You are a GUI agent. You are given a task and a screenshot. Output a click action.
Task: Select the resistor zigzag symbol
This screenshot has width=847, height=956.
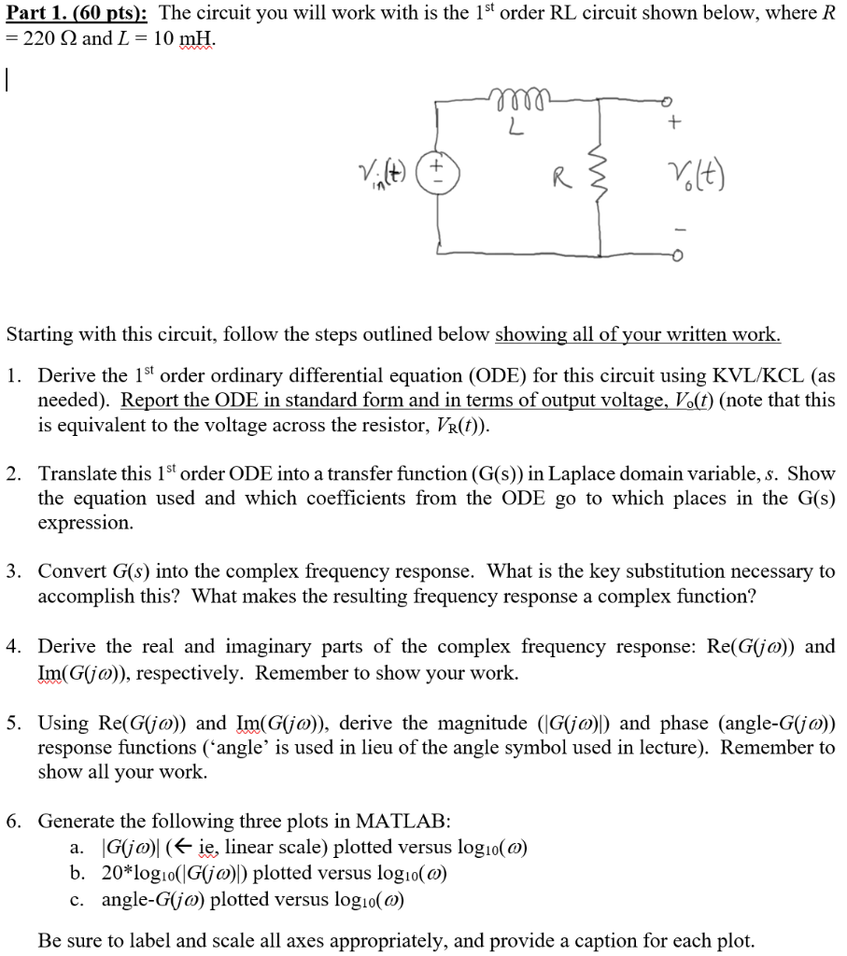click(599, 175)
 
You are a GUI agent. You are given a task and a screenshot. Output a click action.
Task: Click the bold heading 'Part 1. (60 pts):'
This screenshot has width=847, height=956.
click(76, 14)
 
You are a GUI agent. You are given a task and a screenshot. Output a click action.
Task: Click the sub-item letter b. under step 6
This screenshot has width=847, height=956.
click(78, 874)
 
